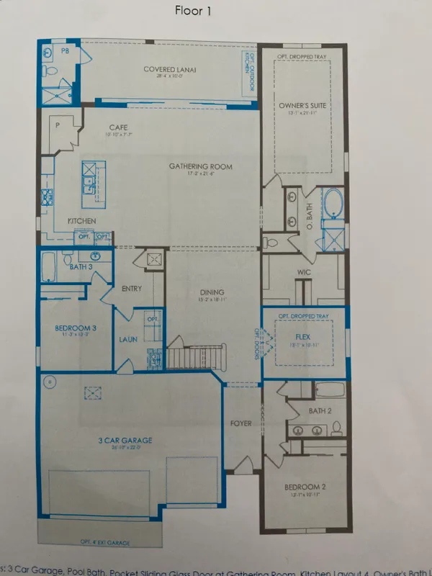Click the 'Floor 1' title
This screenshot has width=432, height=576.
[195, 11]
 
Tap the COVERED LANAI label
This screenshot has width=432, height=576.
[170, 70]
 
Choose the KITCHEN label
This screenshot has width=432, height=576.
[83, 220]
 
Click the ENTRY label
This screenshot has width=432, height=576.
[132, 289]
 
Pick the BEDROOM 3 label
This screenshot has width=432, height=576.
[76, 328]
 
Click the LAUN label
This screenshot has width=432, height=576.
[129, 339]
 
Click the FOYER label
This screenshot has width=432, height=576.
[241, 423]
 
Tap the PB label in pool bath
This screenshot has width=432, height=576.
[65, 51]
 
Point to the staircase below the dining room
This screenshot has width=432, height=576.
[197, 356]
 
